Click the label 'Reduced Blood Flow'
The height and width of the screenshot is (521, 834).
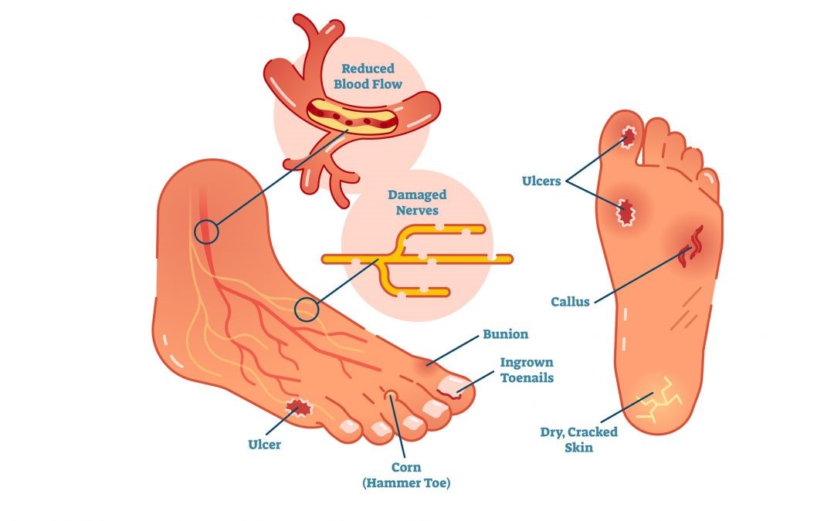[368, 76]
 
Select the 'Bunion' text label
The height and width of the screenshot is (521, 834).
[505, 334]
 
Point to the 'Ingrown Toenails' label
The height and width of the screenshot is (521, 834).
[527, 370]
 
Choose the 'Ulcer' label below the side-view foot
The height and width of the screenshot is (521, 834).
[264, 445]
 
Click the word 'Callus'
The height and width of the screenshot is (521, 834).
[571, 302]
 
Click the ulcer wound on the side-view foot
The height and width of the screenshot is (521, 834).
[297, 406]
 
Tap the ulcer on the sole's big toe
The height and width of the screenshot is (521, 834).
[629, 137]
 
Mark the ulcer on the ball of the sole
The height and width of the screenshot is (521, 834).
[623, 210]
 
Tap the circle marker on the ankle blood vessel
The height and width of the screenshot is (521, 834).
[206, 232]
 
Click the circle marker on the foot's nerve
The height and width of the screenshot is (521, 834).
[307, 310]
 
